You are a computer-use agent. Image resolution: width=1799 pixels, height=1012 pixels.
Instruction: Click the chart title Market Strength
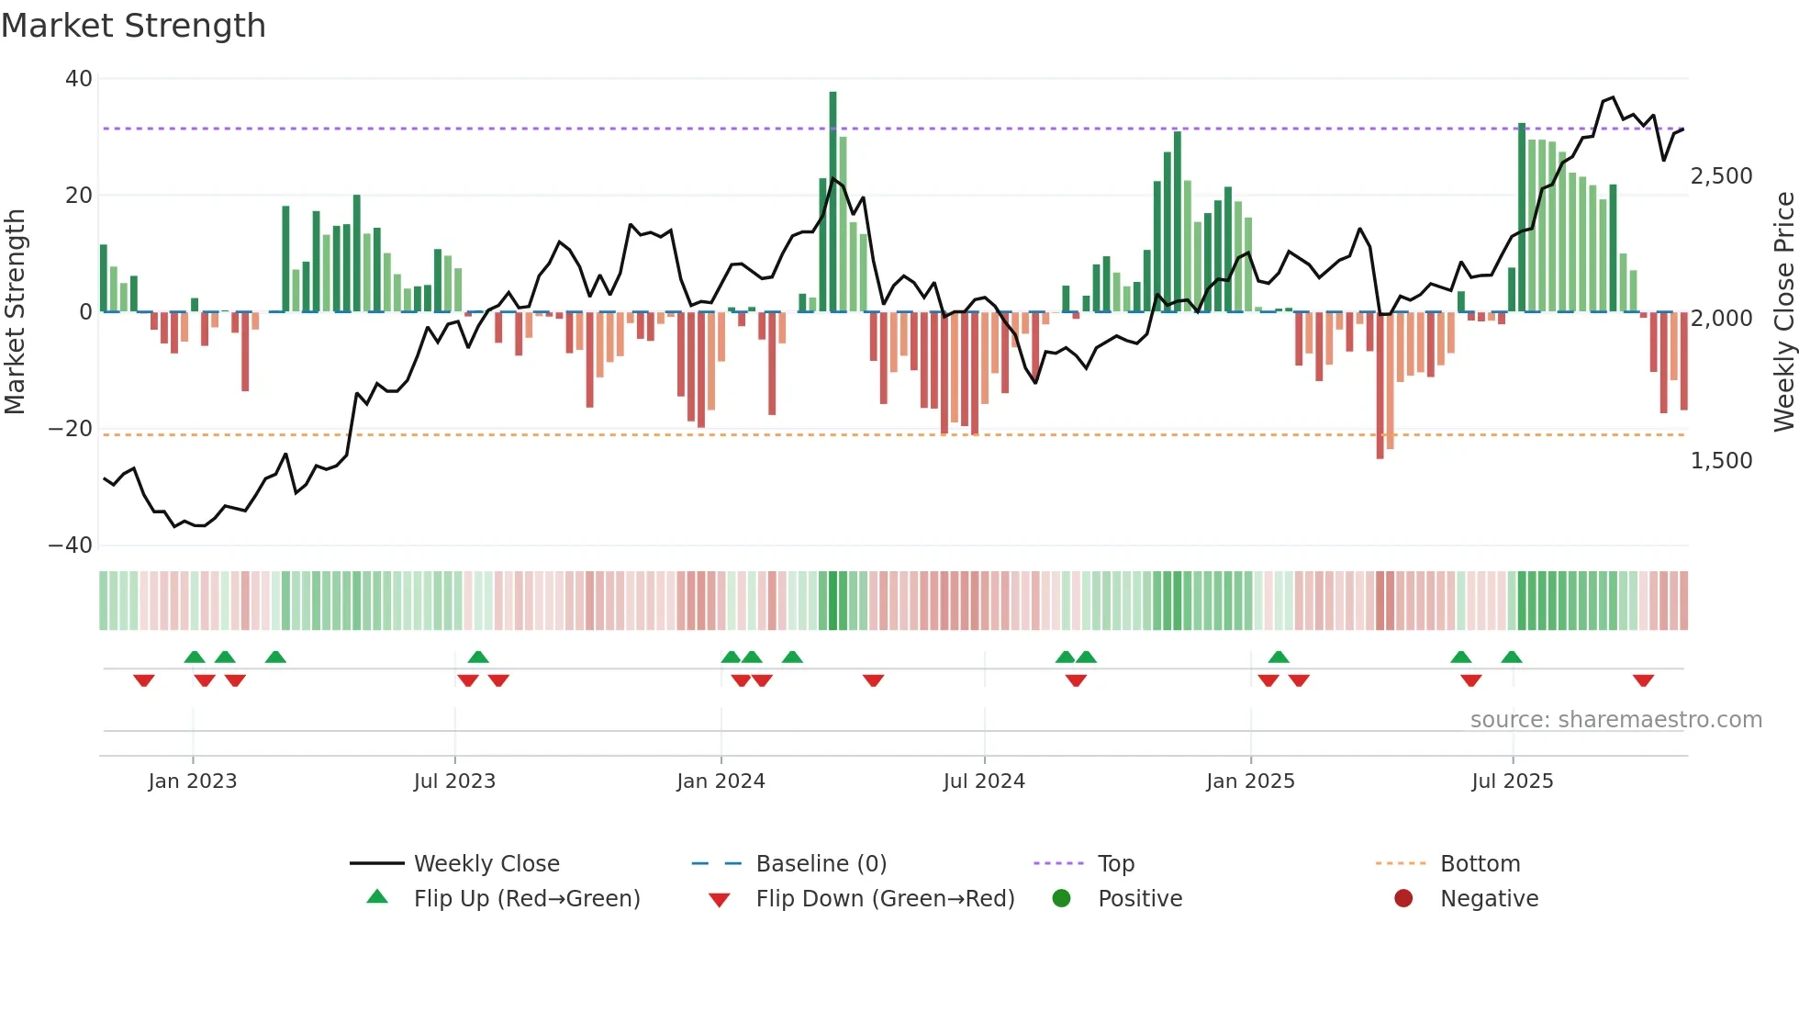pyautogui.click(x=133, y=26)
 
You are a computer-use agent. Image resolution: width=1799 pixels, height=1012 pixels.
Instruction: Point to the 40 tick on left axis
pyautogui.click(x=79, y=79)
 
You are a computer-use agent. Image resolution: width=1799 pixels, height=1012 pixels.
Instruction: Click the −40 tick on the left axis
pyautogui.click(x=71, y=545)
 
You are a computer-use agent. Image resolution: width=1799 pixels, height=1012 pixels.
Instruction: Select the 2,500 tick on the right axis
pyautogui.click(x=1721, y=176)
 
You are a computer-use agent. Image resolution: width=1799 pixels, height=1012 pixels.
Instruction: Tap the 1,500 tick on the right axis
pyautogui.click(x=1721, y=461)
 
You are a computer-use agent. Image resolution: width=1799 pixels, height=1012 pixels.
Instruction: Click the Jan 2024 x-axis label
pyautogui.click(x=721, y=781)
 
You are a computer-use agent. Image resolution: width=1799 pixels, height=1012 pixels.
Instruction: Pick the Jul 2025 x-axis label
pyautogui.click(x=1512, y=781)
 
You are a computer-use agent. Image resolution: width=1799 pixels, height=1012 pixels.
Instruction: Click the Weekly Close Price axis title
pyautogui.click(x=1783, y=312)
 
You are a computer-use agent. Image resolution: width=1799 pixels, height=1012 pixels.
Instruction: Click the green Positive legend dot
pyautogui.click(x=1062, y=899)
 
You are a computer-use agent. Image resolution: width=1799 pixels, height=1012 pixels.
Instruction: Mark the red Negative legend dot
pyautogui.click(x=1403, y=899)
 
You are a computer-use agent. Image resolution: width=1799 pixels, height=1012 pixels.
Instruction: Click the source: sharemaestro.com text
pyautogui.click(x=1615, y=720)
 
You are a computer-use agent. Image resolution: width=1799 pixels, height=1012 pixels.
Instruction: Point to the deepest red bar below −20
pyautogui.click(x=1380, y=386)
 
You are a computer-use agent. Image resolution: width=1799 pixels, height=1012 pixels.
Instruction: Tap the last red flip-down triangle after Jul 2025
pyautogui.click(x=1643, y=680)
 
